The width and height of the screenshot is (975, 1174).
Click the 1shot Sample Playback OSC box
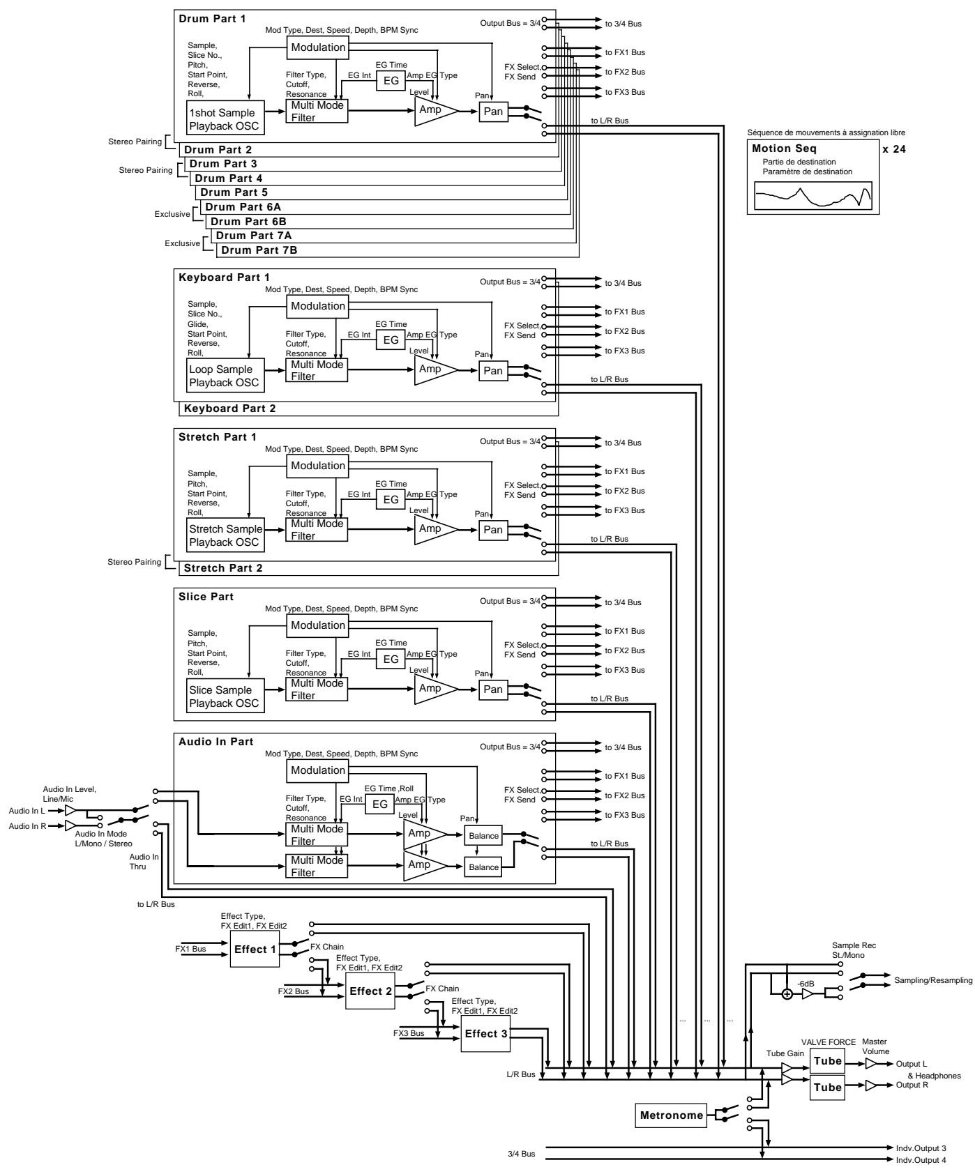(221, 119)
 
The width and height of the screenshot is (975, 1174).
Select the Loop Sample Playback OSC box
(223, 376)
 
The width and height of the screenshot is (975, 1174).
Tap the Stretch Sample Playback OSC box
(225, 535)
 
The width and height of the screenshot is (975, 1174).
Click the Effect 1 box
(255, 949)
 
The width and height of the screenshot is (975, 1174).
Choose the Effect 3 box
(485, 1053)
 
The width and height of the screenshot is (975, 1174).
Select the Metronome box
(672, 1115)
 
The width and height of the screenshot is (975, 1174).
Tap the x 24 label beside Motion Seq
(894, 148)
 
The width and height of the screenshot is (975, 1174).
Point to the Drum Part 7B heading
(259, 250)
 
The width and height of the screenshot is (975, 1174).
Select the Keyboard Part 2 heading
(229, 409)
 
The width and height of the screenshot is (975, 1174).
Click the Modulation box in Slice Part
(318, 625)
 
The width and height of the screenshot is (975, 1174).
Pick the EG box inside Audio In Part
(380, 804)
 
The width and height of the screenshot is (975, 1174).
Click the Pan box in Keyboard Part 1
(493, 371)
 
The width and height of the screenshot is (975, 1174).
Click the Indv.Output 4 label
(921, 1159)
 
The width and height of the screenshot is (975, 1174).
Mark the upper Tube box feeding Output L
(827, 1060)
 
